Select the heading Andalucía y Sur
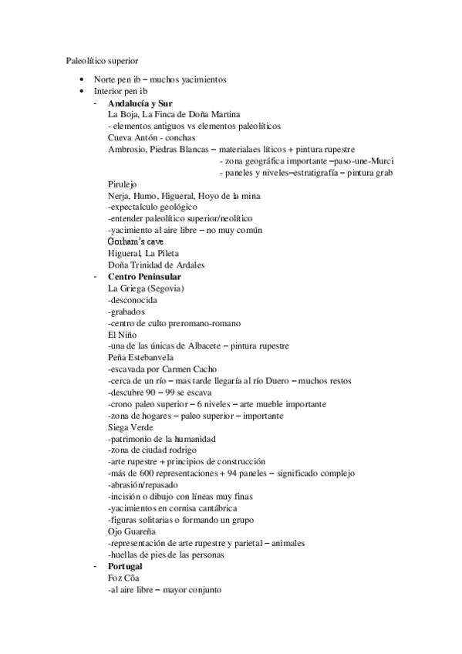140,103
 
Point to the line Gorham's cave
136,241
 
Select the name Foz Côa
126,578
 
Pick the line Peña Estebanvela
141,358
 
